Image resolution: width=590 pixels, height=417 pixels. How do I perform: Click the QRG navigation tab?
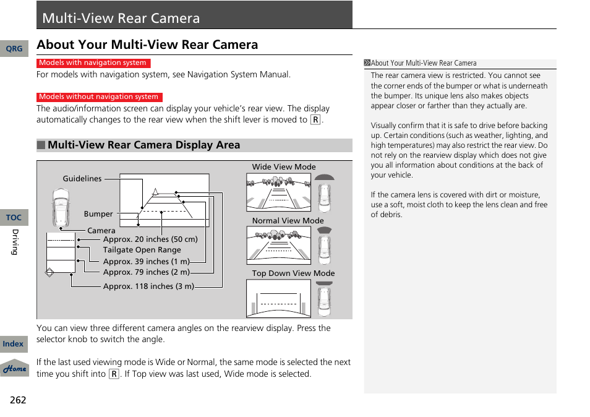[x=14, y=49]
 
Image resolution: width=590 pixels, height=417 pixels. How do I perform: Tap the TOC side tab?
[x=14, y=218]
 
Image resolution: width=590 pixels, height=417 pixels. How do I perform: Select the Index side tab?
[x=13, y=344]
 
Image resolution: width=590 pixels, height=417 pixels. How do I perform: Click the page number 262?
[x=18, y=400]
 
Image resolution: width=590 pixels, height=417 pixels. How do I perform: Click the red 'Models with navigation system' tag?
[x=93, y=63]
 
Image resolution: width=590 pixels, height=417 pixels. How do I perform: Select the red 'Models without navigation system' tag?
[x=99, y=97]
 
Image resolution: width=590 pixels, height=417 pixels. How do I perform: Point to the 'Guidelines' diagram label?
[x=82, y=179]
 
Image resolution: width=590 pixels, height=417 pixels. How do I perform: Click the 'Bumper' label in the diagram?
[x=98, y=214]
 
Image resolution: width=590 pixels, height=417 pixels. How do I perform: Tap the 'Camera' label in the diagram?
[x=101, y=231]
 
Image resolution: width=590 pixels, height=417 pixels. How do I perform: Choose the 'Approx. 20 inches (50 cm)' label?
[x=150, y=239]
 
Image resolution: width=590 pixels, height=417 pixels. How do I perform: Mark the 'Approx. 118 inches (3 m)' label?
[x=148, y=286]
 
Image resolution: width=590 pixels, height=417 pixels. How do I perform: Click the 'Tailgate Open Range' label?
[x=142, y=250]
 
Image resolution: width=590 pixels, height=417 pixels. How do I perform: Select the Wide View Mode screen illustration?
[x=278, y=192]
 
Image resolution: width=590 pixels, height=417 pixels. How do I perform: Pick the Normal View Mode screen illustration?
[x=278, y=246]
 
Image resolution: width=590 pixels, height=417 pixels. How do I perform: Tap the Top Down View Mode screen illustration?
[x=278, y=298]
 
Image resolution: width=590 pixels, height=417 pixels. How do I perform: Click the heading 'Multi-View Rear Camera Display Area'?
[x=143, y=145]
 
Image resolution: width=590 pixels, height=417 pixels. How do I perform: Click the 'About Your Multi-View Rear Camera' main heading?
[x=147, y=45]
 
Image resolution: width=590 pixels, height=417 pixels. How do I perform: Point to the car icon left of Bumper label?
[x=61, y=208]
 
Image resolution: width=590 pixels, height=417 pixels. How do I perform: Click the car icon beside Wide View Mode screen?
[x=324, y=194]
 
